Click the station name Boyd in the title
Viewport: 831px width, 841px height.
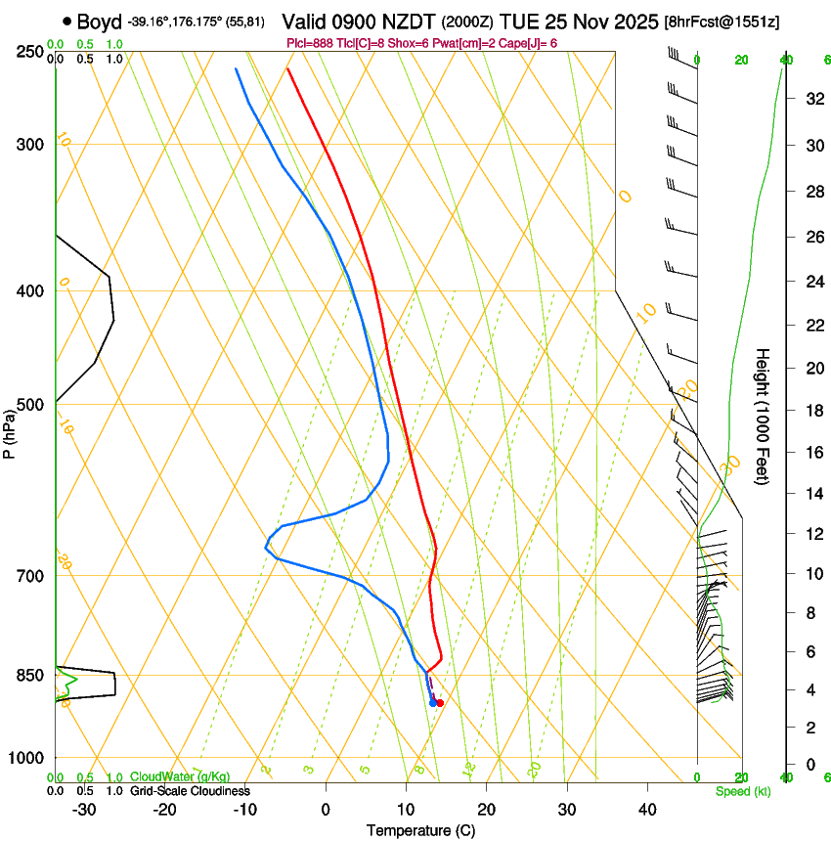pyautogui.click(x=100, y=21)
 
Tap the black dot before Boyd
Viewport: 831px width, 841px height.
pyautogui.click(x=66, y=21)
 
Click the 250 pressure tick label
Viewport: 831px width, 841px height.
pyautogui.click(x=30, y=52)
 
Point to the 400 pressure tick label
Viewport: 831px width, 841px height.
pyautogui.click(x=30, y=290)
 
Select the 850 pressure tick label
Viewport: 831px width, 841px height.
pyautogui.click(x=30, y=676)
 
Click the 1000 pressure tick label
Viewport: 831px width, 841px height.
pyautogui.click(x=26, y=758)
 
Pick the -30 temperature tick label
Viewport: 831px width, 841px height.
pyautogui.click(x=84, y=809)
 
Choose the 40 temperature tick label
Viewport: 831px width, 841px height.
pyautogui.click(x=646, y=809)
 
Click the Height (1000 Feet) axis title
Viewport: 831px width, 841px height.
pyautogui.click(x=763, y=416)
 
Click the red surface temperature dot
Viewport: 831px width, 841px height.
pyautogui.click(x=440, y=702)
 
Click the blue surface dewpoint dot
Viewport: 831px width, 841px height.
pyautogui.click(x=432, y=702)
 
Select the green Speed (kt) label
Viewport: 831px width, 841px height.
pyautogui.click(x=742, y=791)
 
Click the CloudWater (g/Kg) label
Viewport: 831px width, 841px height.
pyautogui.click(x=180, y=777)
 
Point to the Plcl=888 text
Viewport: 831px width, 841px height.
pyautogui.click(x=310, y=44)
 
